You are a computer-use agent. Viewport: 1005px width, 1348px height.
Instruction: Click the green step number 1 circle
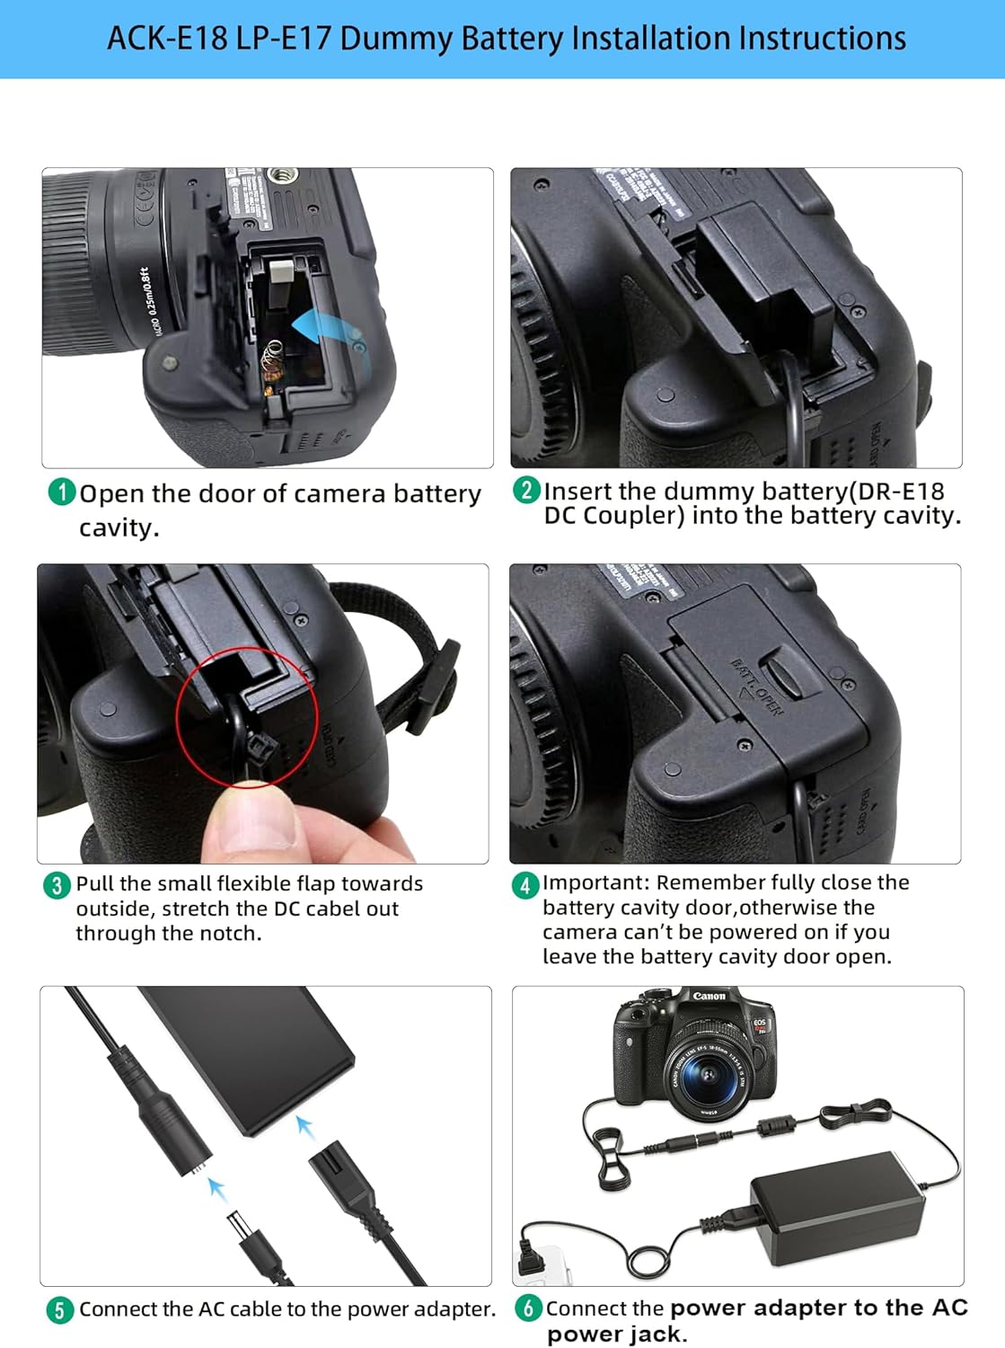click(61, 492)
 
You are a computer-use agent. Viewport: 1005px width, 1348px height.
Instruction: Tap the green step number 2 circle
click(526, 490)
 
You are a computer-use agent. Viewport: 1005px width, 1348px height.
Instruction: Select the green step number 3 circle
click(57, 885)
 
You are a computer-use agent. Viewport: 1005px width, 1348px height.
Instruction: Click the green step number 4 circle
click(525, 885)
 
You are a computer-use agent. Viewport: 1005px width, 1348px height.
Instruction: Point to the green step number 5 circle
click(59, 1310)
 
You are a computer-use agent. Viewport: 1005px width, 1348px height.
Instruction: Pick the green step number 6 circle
click(528, 1308)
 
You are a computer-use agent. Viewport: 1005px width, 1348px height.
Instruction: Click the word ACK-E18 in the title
click(167, 39)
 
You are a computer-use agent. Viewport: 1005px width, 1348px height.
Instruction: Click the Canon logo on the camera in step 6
click(709, 996)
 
